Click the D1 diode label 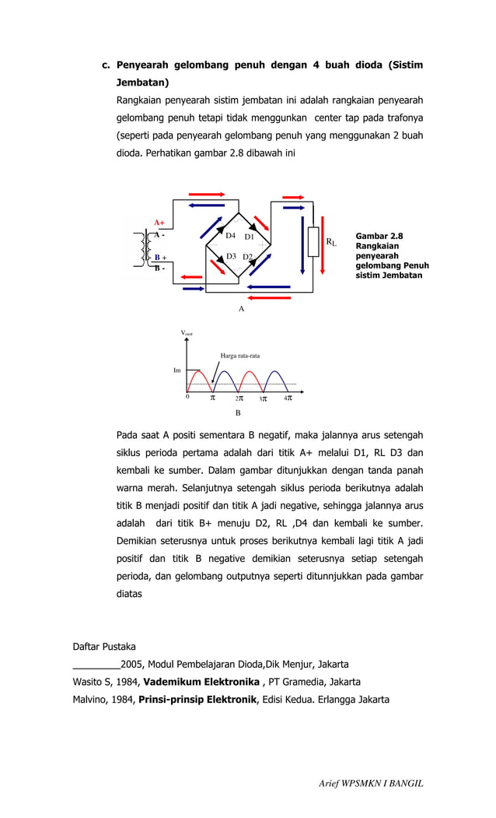pos(250,237)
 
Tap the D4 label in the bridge pos(230,235)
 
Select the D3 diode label pos(230,256)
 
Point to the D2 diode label pos(248,257)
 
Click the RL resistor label pos(331,243)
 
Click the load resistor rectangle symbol pos(313,241)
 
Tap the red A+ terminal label pos(159,223)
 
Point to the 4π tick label pos(288,398)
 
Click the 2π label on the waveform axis pos(239,398)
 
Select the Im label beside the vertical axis pos(176,370)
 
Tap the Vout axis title pos(187,333)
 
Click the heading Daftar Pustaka pos(103,647)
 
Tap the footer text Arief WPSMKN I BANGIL pos(371,784)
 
